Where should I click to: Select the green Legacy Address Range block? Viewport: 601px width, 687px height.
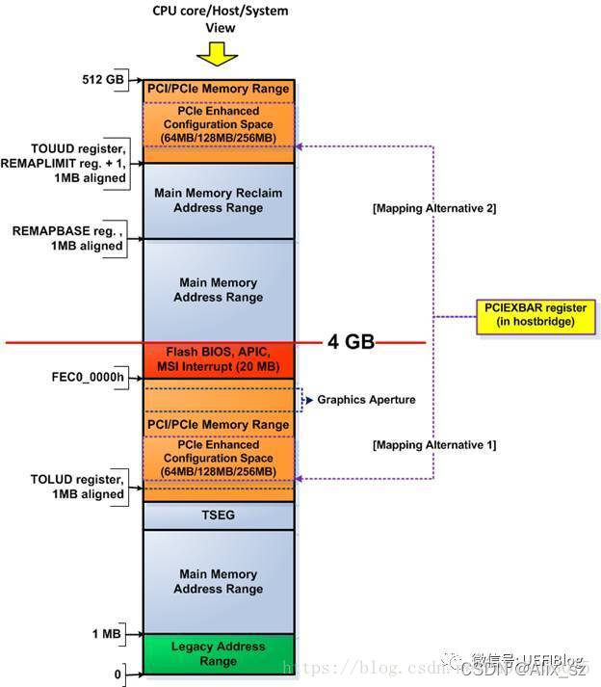219,654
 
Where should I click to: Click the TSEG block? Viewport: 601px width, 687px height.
219,515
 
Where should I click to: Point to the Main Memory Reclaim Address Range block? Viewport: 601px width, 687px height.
219,199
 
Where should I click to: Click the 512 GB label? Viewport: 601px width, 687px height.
105,79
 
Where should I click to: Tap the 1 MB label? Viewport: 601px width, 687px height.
107,634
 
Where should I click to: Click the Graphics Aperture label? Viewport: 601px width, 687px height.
365,399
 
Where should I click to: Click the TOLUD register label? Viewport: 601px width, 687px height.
77,487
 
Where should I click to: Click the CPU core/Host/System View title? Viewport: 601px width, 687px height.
221,18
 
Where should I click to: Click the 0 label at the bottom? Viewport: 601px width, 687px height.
118,674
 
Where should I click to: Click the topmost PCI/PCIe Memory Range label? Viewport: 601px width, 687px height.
219,89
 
